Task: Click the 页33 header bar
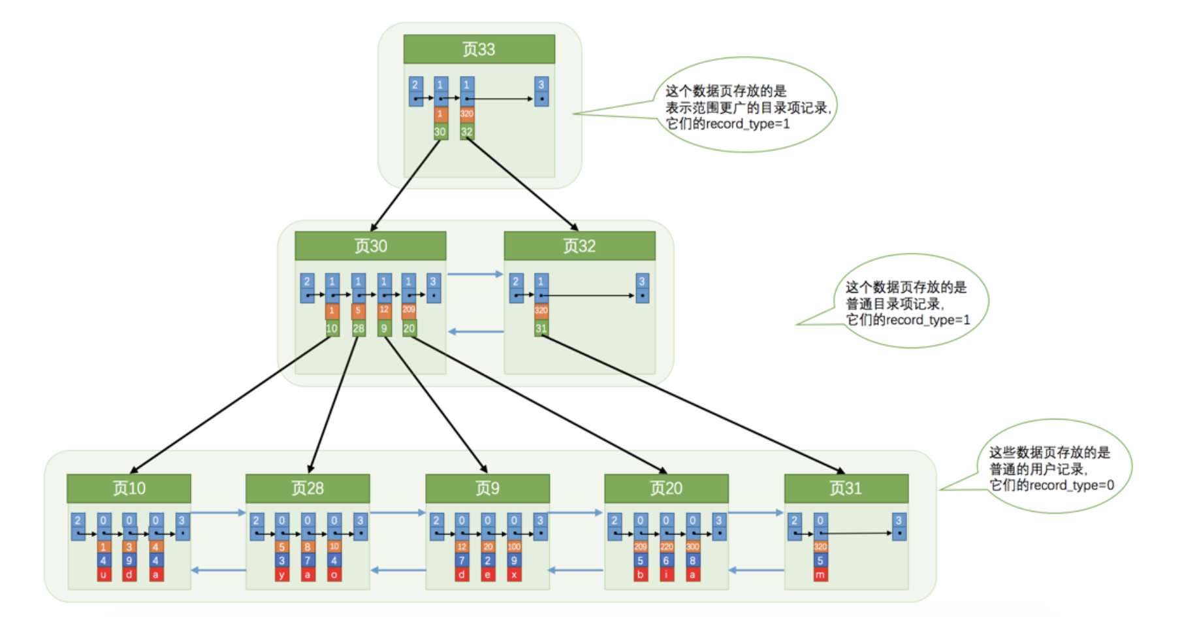point(479,49)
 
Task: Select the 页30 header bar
point(370,246)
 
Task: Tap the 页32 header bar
point(579,246)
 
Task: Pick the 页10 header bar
point(129,488)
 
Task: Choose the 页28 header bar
point(308,488)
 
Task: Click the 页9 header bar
point(487,488)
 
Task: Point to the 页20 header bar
point(666,488)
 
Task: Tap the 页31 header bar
point(846,488)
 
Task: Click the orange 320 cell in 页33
point(467,114)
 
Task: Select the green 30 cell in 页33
point(440,131)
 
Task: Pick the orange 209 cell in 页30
point(409,310)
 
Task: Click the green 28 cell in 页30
point(359,328)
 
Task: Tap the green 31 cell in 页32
point(541,328)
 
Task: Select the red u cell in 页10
point(103,574)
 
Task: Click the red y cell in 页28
point(281,574)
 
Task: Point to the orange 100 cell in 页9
point(514,546)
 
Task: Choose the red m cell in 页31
point(820,574)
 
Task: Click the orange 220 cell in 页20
point(666,546)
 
